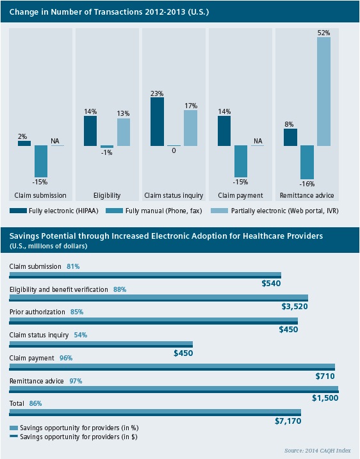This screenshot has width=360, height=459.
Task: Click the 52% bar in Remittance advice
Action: pos(323,91)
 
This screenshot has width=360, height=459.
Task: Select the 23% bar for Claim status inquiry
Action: pos(157,122)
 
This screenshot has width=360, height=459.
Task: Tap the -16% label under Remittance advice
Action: pos(307,184)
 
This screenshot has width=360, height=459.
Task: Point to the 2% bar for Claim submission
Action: pos(24,143)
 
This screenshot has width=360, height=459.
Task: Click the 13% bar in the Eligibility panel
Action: pos(123,132)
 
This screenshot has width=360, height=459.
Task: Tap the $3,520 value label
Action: pos(295,307)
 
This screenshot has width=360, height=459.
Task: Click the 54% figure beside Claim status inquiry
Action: pos(80,335)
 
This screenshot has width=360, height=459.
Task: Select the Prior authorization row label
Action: pos(37,312)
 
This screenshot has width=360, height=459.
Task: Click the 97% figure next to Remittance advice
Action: pos(75,381)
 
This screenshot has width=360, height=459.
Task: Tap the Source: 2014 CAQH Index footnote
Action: pos(317,451)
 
